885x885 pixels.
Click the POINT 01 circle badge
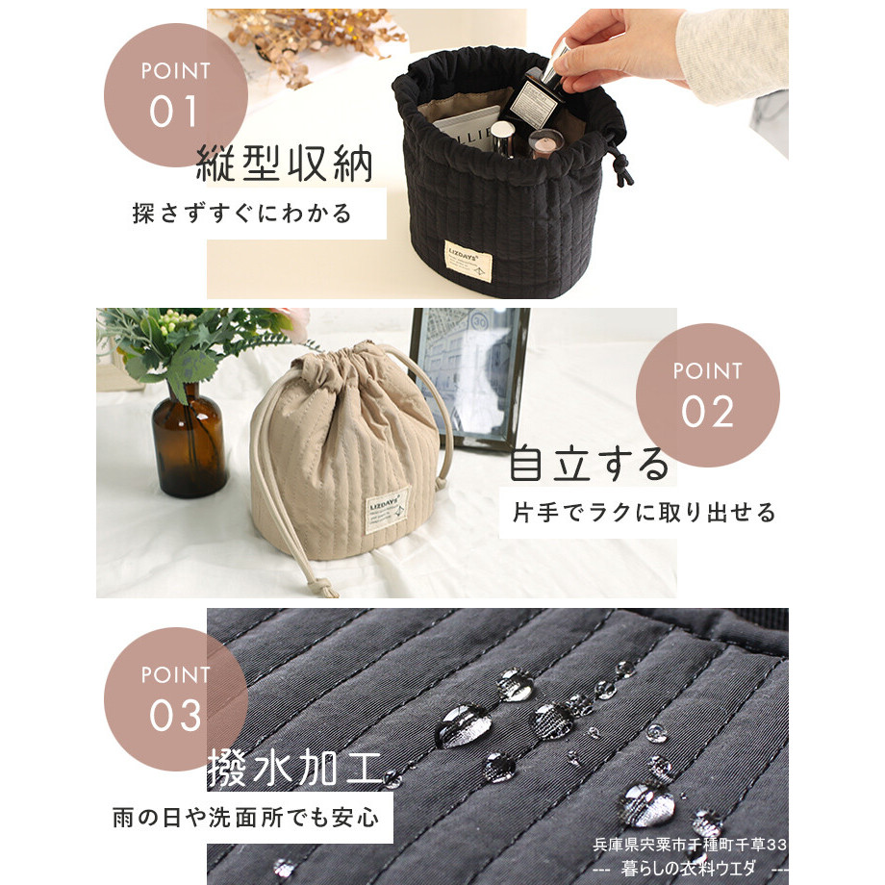[175, 95]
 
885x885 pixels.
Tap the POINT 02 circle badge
[708, 395]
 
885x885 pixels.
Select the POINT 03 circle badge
[175, 699]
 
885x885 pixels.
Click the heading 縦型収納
[285, 164]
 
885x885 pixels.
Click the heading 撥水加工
[294, 769]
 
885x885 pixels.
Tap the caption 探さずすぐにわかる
[242, 214]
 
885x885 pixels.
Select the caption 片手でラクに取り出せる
[644, 513]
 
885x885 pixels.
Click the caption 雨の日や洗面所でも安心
[245, 818]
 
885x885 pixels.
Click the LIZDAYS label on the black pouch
[468, 260]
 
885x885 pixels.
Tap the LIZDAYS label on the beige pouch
[387, 510]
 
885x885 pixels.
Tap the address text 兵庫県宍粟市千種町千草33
[690, 845]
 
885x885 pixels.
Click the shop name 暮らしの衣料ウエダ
[688, 868]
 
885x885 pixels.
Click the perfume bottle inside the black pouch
[533, 102]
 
